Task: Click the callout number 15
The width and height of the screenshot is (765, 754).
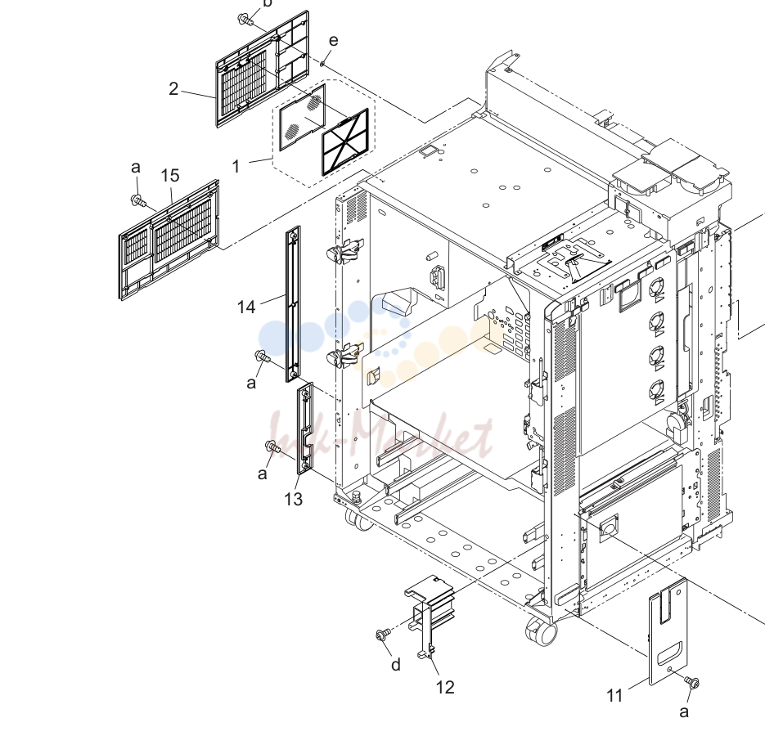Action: [x=170, y=176]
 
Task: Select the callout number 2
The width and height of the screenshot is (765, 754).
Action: [x=173, y=89]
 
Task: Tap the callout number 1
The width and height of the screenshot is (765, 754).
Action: [x=236, y=166]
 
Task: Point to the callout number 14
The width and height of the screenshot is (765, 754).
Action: [x=246, y=307]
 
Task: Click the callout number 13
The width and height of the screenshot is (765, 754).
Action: [x=293, y=499]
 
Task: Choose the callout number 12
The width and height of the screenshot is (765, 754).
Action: [x=445, y=687]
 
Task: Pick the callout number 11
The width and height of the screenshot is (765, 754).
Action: [x=614, y=695]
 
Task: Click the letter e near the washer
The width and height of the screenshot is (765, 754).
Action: [x=333, y=40]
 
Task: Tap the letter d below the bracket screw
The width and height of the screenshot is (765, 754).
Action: [x=396, y=664]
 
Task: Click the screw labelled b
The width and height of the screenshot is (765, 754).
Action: [x=245, y=20]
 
